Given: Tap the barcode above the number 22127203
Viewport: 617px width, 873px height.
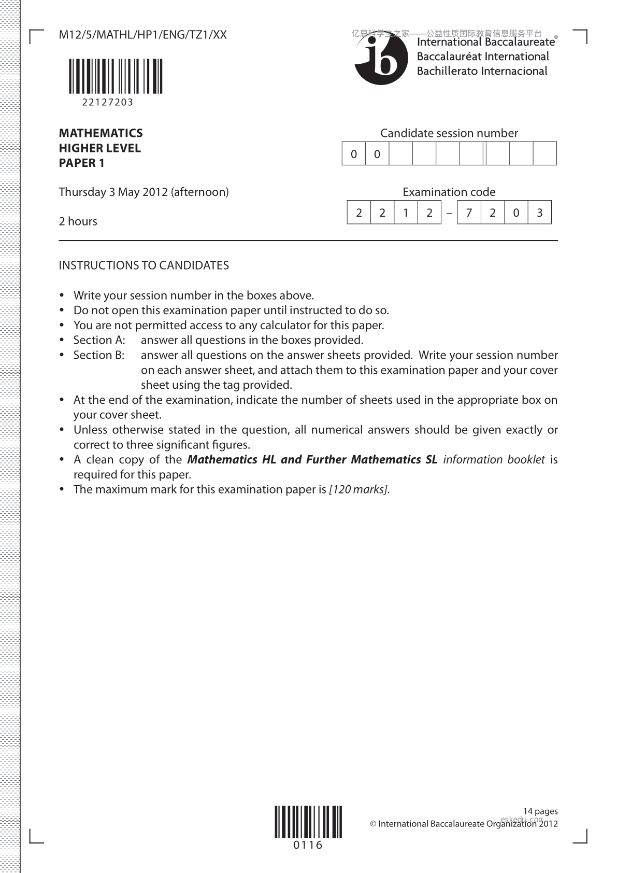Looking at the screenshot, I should click(x=114, y=76).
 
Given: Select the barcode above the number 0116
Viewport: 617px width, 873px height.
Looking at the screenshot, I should click(x=308, y=822).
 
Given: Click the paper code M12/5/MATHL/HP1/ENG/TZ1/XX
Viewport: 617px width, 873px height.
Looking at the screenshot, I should click(x=142, y=35).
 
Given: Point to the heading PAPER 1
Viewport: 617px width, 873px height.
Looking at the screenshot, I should click(x=81, y=163).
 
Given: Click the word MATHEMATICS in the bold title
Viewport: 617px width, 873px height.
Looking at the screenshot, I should click(x=101, y=133).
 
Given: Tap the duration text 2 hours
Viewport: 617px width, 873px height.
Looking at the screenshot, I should click(x=78, y=221).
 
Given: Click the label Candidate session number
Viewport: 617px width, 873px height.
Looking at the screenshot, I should click(x=449, y=133).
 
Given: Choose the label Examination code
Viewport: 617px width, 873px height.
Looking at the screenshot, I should click(x=449, y=192).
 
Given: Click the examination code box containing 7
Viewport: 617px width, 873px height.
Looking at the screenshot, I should click(x=469, y=213).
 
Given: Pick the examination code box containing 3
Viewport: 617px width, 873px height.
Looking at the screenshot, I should click(x=539, y=213).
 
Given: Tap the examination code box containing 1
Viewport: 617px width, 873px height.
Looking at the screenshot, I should click(x=406, y=213).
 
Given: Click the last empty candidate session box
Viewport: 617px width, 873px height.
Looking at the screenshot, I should click(x=544, y=153).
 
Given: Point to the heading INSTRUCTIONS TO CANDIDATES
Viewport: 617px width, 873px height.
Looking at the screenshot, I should click(x=144, y=265).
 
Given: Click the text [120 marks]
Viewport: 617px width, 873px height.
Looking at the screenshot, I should click(x=358, y=489).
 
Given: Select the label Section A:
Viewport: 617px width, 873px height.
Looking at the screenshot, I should click(x=99, y=340).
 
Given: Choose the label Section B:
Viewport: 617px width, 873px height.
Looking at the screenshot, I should click(x=99, y=355).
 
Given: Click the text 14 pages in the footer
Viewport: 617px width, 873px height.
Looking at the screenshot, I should click(x=540, y=811).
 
